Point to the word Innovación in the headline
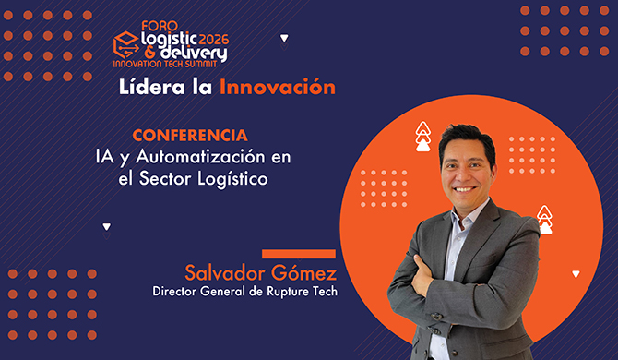point(276,88)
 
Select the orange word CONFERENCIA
point(189,135)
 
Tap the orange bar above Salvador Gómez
point(298,254)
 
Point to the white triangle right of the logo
point(284,39)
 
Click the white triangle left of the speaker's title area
point(107,226)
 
